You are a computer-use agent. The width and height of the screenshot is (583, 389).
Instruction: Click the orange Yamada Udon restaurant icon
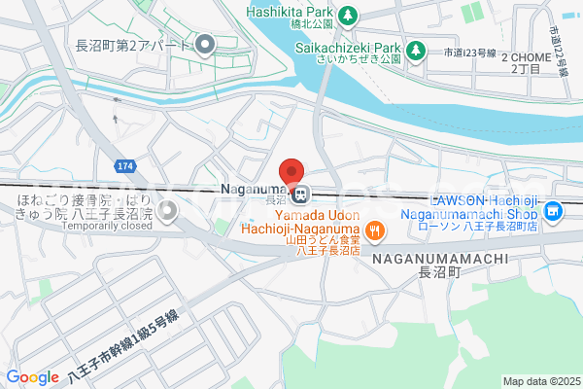(x=375, y=231)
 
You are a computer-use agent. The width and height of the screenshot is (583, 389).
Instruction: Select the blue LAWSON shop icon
(x=554, y=210)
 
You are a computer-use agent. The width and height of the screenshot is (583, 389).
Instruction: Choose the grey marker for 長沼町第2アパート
(x=205, y=45)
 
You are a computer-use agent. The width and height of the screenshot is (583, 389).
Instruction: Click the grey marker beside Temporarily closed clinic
(x=168, y=209)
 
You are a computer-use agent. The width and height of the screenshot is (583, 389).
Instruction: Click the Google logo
(x=32, y=377)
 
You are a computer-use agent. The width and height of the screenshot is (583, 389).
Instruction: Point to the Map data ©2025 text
(x=540, y=381)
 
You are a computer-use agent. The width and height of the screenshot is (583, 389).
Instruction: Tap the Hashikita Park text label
(x=290, y=12)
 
